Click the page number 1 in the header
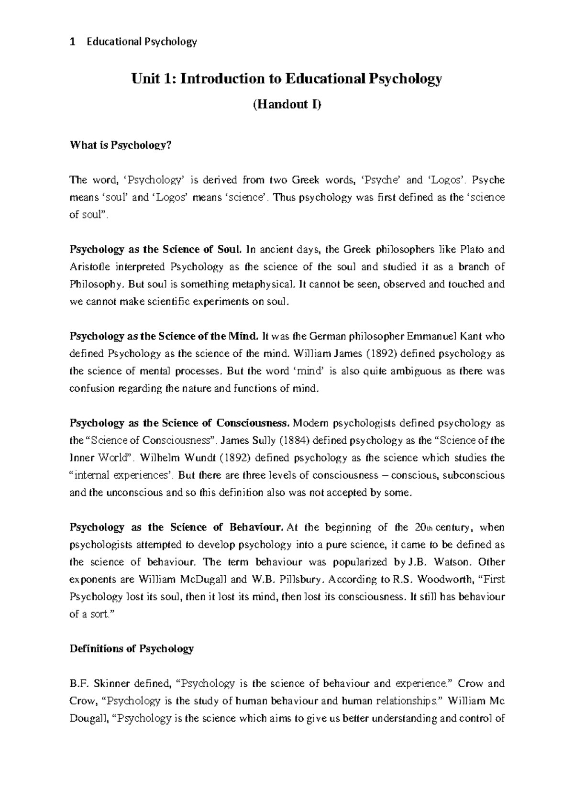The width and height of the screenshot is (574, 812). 72,42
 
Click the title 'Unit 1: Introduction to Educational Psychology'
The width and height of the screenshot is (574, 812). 287,79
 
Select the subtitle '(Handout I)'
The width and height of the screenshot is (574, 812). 287,104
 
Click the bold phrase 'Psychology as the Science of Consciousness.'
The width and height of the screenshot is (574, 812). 180,423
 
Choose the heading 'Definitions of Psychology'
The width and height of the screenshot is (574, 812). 132,649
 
